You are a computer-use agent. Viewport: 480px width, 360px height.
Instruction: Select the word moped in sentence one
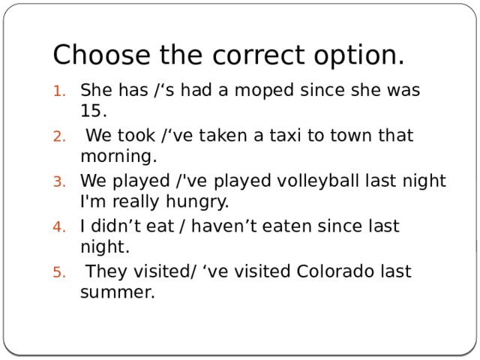point(267,91)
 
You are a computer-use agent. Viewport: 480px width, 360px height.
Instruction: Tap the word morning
point(118,157)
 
